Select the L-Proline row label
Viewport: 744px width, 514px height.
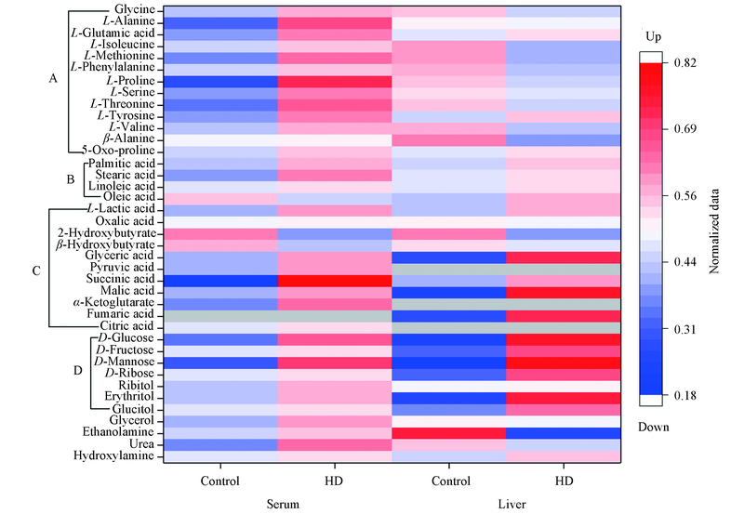point(133,80)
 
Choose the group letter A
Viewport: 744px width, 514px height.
point(54,80)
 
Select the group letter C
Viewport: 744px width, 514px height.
point(35,271)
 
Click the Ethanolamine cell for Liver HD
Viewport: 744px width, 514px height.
point(564,432)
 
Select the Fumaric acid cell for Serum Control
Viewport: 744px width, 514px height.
point(221,315)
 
